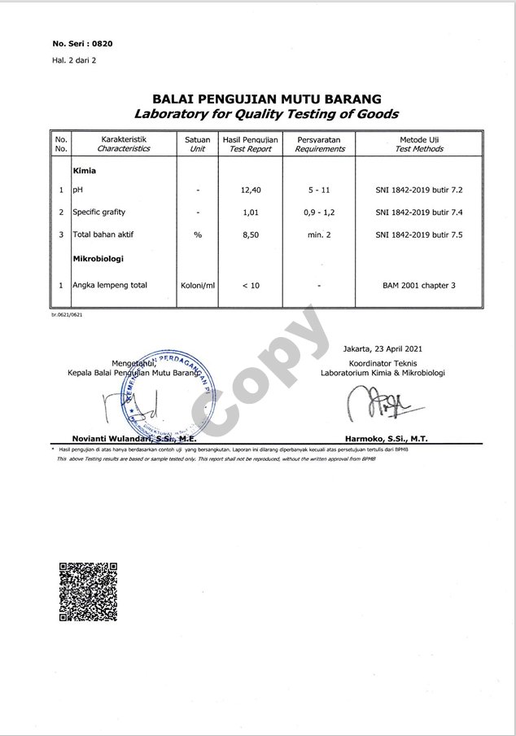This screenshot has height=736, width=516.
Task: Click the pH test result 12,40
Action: (x=250, y=190)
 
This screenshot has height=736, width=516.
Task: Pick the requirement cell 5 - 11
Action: (x=319, y=190)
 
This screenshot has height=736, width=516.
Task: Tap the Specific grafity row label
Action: (x=98, y=212)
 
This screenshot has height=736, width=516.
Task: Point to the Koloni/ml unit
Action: (x=197, y=286)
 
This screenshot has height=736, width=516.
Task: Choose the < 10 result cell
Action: (x=250, y=286)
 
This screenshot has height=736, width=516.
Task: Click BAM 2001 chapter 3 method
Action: (x=419, y=286)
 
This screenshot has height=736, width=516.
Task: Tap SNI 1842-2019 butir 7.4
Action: (x=419, y=212)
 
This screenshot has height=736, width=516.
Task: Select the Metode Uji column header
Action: (x=419, y=144)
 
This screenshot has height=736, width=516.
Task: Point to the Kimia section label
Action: (x=85, y=172)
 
